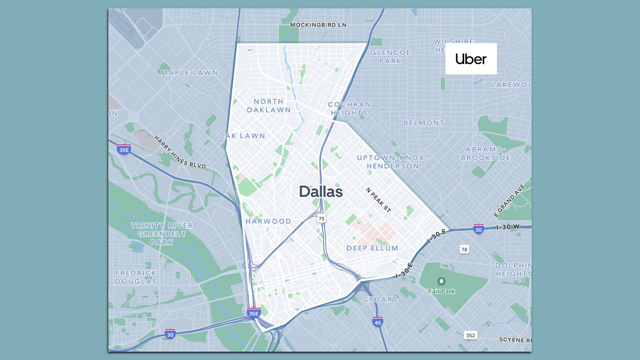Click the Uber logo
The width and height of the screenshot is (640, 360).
[x=471, y=59]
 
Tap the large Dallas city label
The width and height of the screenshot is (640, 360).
[x=320, y=192]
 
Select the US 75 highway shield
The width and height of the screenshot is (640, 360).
[x=322, y=218]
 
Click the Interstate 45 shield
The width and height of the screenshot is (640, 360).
[x=377, y=322]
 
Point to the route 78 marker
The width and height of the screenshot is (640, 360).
[x=464, y=249]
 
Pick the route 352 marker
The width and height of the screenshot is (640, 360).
[x=470, y=335]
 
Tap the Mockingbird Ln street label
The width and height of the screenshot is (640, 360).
[x=318, y=25]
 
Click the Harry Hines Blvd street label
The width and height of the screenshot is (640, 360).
[x=180, y=152]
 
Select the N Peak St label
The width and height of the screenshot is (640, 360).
[x=378, y=200]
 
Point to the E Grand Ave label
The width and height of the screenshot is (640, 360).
[x=509, y=200]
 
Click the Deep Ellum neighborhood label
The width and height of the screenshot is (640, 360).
[x=372, y=248]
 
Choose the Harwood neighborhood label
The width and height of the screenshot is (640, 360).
[x=268, y=221]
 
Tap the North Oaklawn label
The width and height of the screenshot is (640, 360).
[x=269, y=106]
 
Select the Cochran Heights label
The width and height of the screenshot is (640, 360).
[x=349, y=109]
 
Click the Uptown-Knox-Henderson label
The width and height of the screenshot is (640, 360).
[x=392, y=162]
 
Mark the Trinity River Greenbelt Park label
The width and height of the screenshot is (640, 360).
[x=162, y=234]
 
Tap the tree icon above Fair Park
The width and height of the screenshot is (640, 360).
[x=441, y=281]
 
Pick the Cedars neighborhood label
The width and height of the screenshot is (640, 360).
[x=380, y=299]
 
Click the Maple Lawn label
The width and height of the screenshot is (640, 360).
[x=189, y=73]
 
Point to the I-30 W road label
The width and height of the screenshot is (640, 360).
[x=508, y=227]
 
